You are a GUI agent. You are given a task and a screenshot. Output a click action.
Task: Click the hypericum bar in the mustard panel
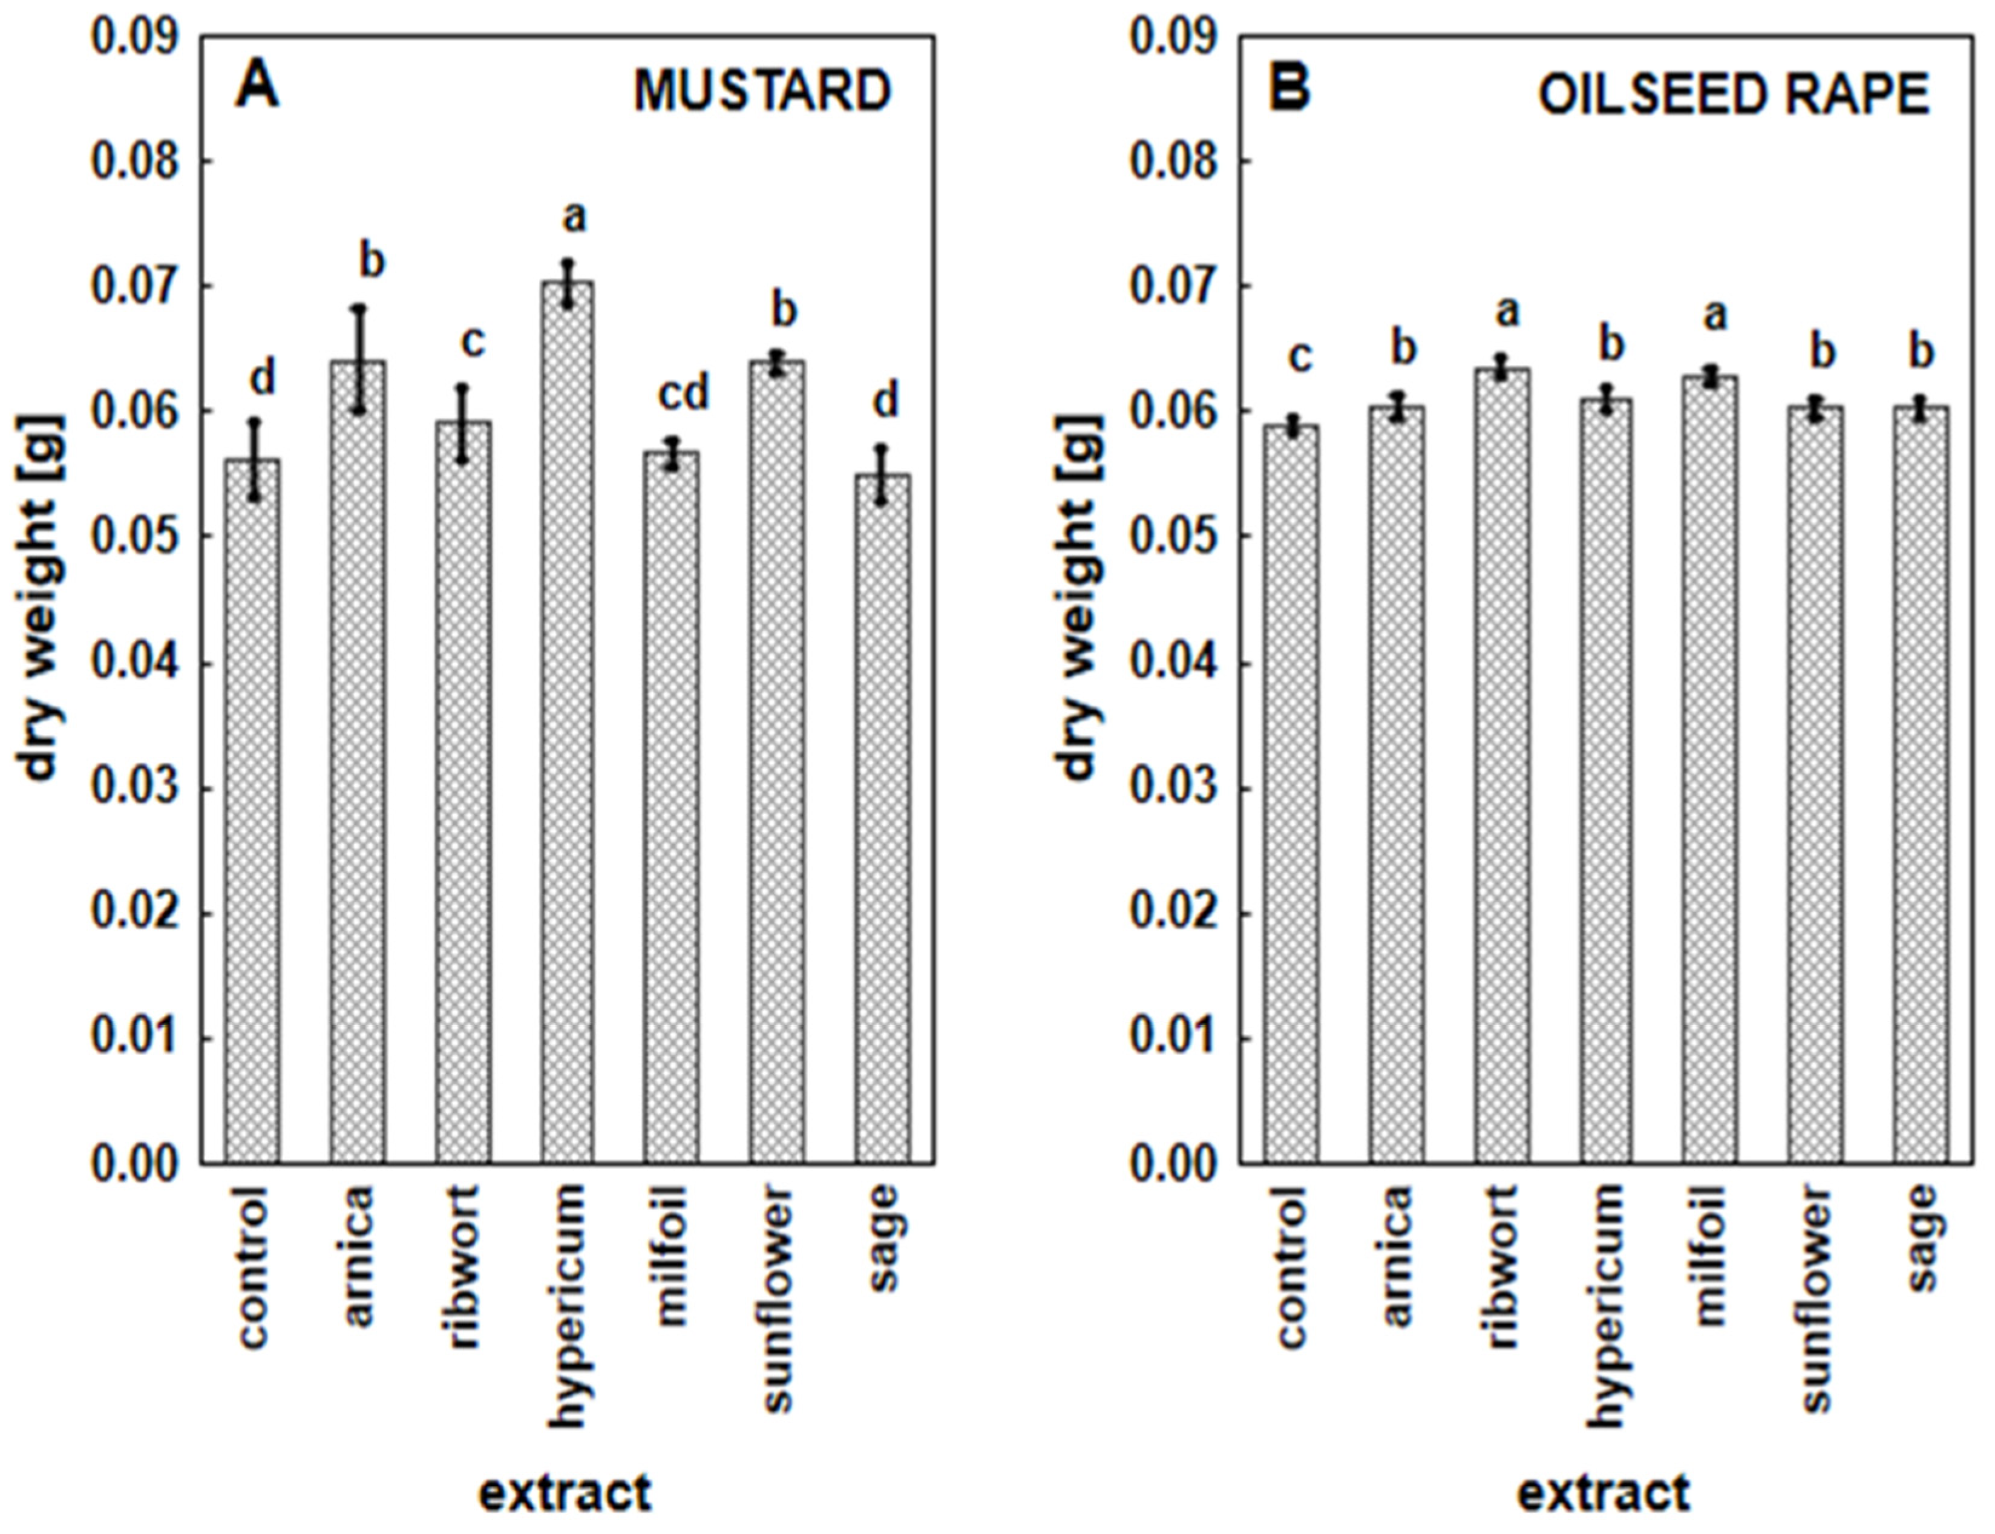tap(566, 721)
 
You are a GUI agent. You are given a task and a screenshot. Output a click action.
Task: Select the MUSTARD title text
tap(762, 93)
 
